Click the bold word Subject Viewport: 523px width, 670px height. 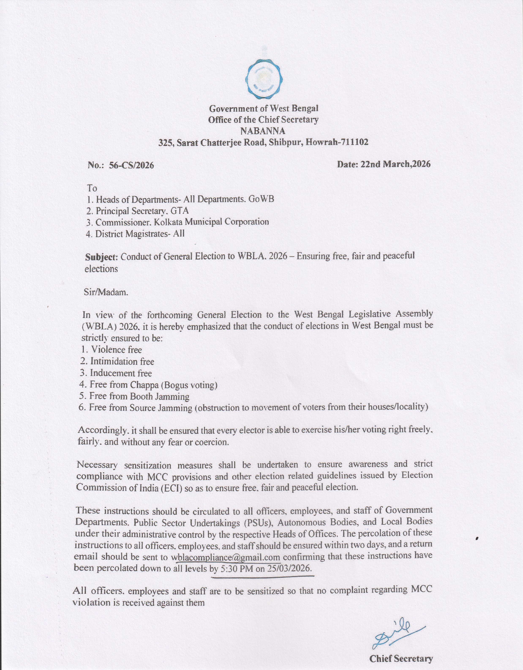pos(101,257)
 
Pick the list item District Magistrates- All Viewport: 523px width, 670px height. pos(136,234)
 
